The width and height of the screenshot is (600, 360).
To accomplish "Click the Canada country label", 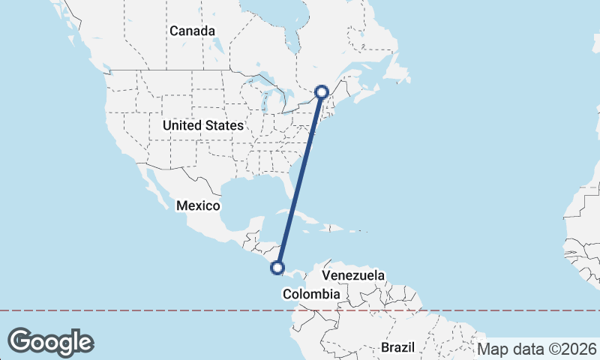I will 192,31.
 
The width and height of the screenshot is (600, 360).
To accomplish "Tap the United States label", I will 202,126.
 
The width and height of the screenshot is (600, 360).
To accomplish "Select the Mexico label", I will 198,205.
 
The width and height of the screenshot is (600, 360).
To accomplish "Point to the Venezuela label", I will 353,275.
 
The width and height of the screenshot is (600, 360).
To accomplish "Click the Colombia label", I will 311,295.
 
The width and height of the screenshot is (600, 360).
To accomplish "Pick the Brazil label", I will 397,348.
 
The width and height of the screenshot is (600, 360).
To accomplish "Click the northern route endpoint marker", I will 322,92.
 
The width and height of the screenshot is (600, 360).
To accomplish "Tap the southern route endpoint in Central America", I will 278,267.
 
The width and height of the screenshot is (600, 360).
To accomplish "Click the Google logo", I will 50,341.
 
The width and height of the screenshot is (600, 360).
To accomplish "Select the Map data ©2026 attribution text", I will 536,349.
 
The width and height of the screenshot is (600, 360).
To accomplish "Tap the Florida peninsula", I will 291,187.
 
